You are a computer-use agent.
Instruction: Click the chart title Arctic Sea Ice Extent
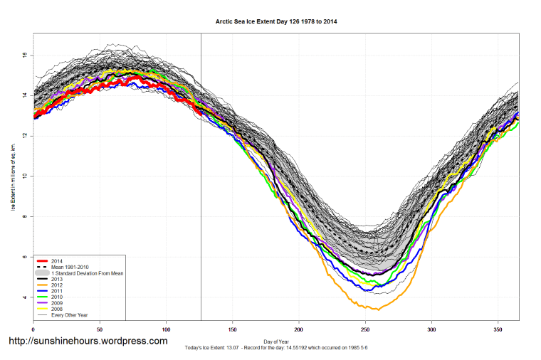(276, 22)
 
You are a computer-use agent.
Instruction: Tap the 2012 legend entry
(56, 286)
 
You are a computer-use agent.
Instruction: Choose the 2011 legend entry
(56, 292)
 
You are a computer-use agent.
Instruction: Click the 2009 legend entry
(56, 304)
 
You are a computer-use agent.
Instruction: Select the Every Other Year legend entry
(70, 315)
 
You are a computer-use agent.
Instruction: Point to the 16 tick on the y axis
(24, 55)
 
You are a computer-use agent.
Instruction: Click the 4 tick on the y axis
(24, 297)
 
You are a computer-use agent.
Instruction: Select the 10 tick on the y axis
(24, 176)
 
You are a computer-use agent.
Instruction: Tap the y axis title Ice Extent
(12, 176)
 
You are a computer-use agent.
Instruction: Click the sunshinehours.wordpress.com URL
(88, 342)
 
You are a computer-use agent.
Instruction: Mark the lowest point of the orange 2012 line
(378, 309)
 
